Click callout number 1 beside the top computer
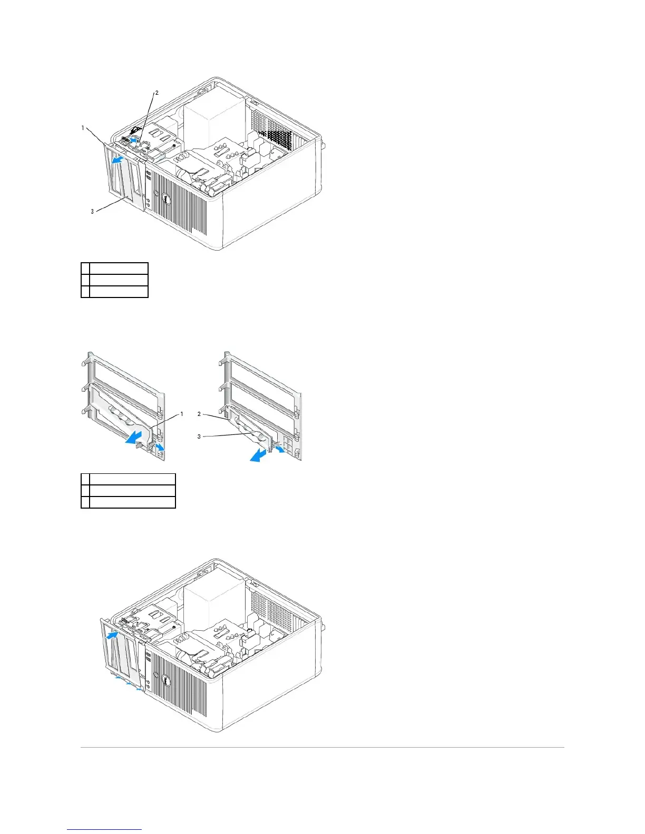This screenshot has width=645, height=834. click(x=83, y=128)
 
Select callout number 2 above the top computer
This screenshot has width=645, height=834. click(x=156, y=93)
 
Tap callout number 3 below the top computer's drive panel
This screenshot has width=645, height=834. click(x=92, y=212)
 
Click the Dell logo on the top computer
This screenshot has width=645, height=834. click(x=164, y=201)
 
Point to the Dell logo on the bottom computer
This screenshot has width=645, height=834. click(x=165, y=681)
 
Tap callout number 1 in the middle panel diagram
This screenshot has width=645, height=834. click(x=182, y=414)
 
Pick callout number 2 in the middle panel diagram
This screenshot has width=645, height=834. click(x=199, y=414)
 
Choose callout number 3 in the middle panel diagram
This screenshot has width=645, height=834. click(x=199, y=436)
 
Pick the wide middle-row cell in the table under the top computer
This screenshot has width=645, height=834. click(x=119, y=280)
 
